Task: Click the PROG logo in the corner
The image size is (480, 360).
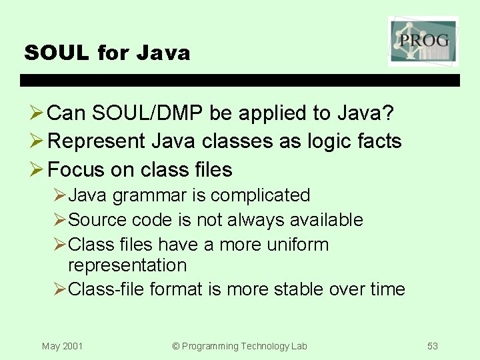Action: [423, 41]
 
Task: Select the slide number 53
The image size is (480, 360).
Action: [433, 346]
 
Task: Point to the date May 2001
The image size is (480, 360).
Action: [62, 346]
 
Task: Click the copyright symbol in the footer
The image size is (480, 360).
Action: [176, 346]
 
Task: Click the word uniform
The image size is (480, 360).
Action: [297, 244]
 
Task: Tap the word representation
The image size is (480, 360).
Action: [127, 265]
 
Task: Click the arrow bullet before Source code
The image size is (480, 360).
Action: [59, 220]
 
